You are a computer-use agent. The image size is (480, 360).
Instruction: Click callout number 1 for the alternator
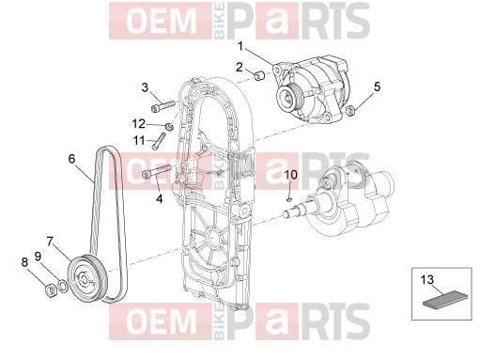pyautogui.click(x=240, y=46)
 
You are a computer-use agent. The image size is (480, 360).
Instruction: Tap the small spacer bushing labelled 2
pyautogui.click(x=258, y=76)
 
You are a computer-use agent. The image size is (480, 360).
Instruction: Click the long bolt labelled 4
pyautogui.click(x=156, y=171)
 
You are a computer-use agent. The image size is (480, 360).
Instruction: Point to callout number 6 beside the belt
pyautogui.click(x=71, y=159)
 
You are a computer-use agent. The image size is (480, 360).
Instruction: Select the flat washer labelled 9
pyautogui.click(x=63, y=286)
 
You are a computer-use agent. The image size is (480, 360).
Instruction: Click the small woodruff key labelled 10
pyautogui.click(x=289, y=198)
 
